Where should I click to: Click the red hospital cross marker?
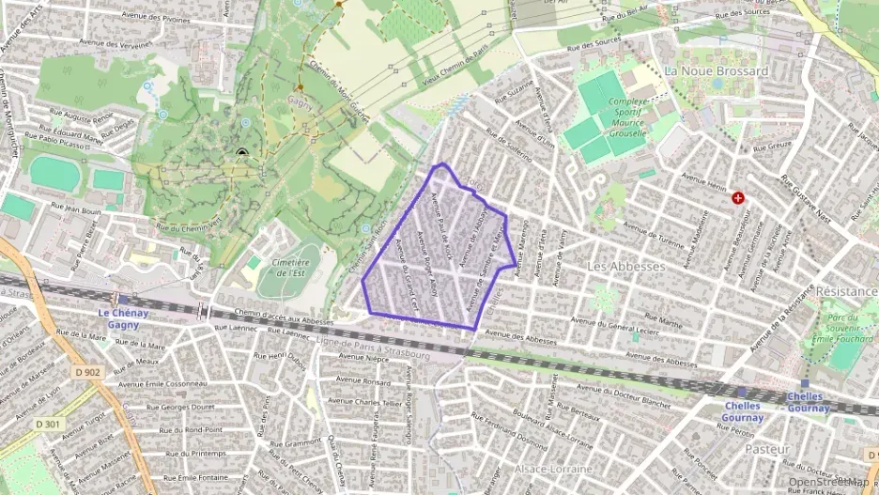point(739,198)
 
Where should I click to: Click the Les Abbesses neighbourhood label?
point(625,267)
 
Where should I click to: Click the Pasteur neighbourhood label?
point(766,450)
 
